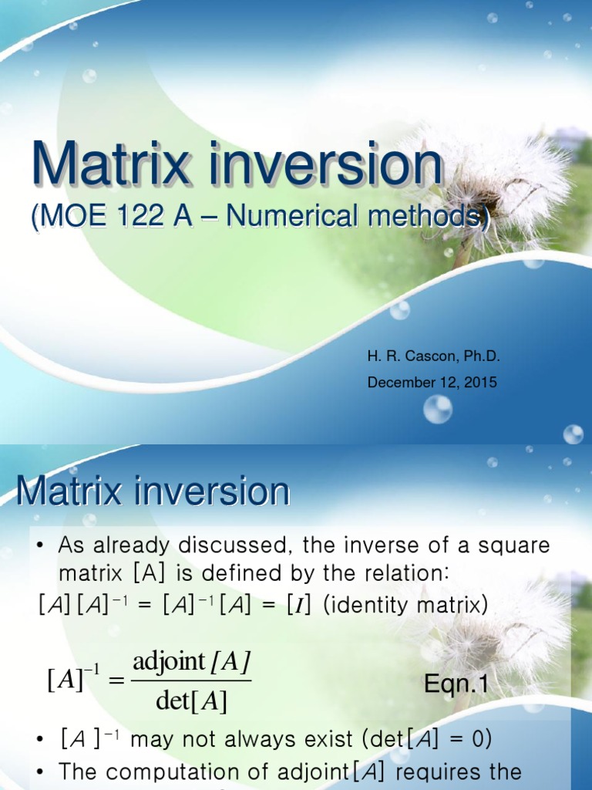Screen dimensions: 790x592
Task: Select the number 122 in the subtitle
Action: (140, 218)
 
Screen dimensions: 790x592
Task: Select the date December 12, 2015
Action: (432, 382)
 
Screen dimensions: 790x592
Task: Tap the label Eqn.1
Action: (456, 683)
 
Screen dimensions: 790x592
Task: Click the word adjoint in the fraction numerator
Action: (170, 662)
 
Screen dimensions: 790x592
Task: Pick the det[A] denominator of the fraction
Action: (191, 701)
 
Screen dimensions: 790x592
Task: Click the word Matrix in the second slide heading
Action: (73, 491)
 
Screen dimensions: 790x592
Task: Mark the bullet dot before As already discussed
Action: (40, 546)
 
